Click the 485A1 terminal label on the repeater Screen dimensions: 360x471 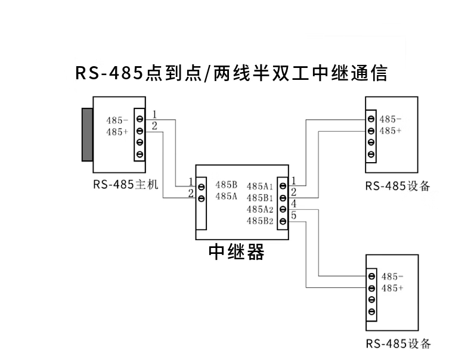click(259, 186)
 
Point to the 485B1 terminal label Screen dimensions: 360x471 click(259, 197)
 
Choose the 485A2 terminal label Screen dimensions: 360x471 click(259, 209)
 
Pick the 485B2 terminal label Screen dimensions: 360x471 click(259, 221)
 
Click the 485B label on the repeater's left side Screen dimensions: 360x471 click(227, 184)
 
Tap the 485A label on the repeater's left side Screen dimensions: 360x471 click(227, 195)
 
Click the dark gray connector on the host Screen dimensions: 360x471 click(88, 134)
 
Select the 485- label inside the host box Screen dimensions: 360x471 click(117, 120)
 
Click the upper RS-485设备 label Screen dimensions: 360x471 click(398, 186)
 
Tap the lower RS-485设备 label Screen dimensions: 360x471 click(398, 344)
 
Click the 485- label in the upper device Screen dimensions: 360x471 click(391, 119)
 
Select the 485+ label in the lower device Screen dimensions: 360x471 click(392, 288)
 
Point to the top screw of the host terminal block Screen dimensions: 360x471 click(140, 119)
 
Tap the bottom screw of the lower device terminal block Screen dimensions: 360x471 click(371, 312)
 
